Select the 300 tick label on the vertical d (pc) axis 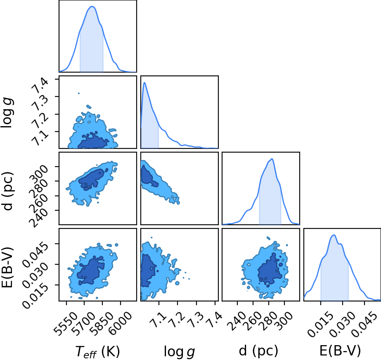point(39,173)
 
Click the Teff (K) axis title point(97,351)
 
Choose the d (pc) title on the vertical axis point(8,191)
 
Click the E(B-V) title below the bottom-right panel point(340,351)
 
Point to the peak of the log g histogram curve point(144,82)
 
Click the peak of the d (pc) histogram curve point(272,159)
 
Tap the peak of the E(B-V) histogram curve point(334,235)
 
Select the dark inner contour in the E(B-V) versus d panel point(270,269)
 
